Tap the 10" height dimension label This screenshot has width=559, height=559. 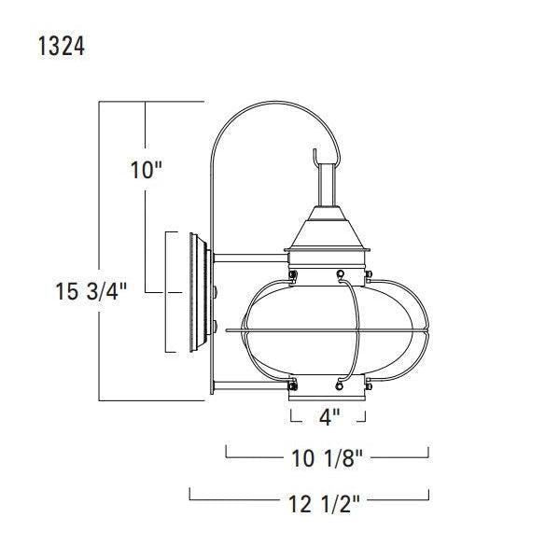point(147,171)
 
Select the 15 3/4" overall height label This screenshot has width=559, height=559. point(91,292)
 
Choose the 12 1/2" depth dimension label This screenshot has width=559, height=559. point(324,505)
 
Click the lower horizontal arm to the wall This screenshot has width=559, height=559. point(245,383)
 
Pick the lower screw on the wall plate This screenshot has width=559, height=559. point(216,326)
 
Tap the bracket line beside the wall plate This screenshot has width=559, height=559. point(166,292)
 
